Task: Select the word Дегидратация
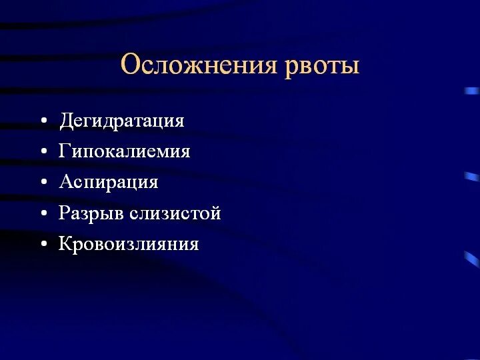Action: coord(121,121)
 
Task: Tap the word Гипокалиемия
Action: coord(125,152)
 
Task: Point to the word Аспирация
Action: coord(108,182)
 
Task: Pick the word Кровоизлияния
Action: coord(129,244)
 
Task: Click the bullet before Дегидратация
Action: coord(43,122)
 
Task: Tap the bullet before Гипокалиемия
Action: coord(43,153)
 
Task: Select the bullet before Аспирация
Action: coord(43,183)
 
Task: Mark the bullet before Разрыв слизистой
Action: coord(43,214)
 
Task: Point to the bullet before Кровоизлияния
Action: coord(43,245)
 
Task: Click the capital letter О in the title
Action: coord(131,65)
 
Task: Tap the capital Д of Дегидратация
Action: coord(65,121)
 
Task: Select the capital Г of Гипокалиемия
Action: coord(65,151)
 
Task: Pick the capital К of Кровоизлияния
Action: coord(65,243)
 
